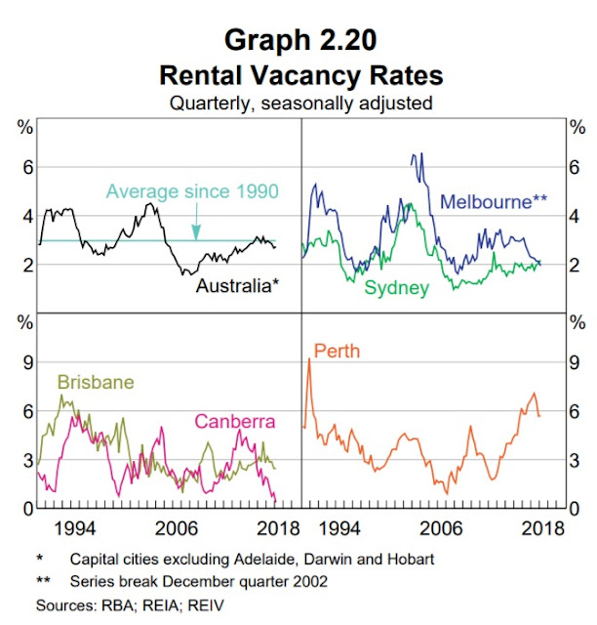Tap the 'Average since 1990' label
click(191, 190)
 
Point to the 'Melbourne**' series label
click(494, 202)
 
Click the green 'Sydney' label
click(396, 287)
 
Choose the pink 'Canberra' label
click(235, 422)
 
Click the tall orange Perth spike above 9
click(310, 360)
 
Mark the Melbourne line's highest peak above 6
click(416, 155)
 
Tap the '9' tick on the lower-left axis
click(20, 362)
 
